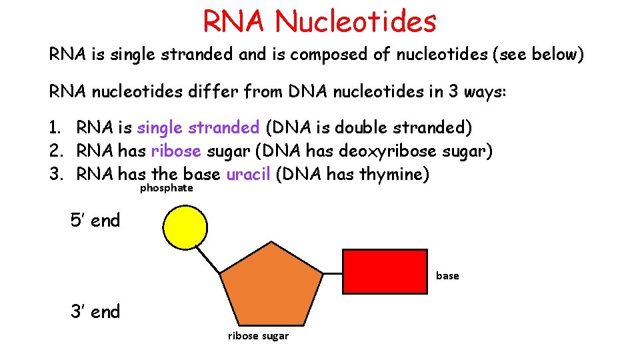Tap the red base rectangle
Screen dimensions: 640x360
385,271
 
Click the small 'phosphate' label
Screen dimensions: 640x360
166,188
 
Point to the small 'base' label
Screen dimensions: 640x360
447,275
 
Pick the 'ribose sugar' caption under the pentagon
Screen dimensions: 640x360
258,336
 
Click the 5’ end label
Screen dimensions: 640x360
95,220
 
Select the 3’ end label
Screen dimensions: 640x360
95,311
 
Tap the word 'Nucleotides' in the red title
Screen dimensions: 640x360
356,21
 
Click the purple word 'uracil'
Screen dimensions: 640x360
248,175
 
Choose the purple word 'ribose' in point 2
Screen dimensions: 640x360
176,151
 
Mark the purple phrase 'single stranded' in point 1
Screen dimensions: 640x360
198,127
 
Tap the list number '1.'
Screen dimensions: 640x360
57,127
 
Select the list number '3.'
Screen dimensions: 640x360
57,175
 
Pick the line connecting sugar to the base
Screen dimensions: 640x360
332,271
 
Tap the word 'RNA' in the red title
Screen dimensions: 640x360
234,21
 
